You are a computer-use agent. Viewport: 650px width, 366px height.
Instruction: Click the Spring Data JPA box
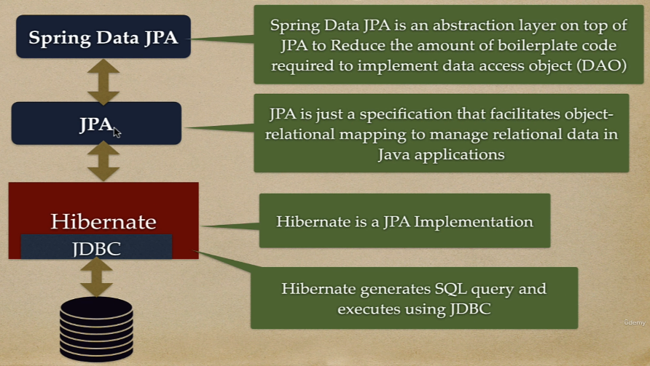tap(103, 36)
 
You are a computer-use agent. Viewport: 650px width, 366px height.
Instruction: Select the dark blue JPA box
tap(96, 124)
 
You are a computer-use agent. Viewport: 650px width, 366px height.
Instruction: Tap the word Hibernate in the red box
tap(103, 221)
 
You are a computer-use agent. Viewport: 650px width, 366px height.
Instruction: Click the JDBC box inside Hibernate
tap(97, 247)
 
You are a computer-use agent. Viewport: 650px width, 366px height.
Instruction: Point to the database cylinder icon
tap(96, 329)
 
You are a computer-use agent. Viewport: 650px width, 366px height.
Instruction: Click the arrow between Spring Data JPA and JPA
tap(103, 81)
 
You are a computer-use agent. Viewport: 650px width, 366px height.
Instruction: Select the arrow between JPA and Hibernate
tap(103, 162)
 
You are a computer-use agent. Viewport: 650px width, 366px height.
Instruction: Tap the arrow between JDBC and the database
tap(96, 277)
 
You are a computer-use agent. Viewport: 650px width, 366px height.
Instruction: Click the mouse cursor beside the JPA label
tap(117, 132)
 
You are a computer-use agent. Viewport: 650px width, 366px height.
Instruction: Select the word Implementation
tap(474, 221)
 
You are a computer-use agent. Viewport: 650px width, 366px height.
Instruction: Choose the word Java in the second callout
tap(393, 154)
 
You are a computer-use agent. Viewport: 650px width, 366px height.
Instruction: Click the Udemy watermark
tap(635, 322)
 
